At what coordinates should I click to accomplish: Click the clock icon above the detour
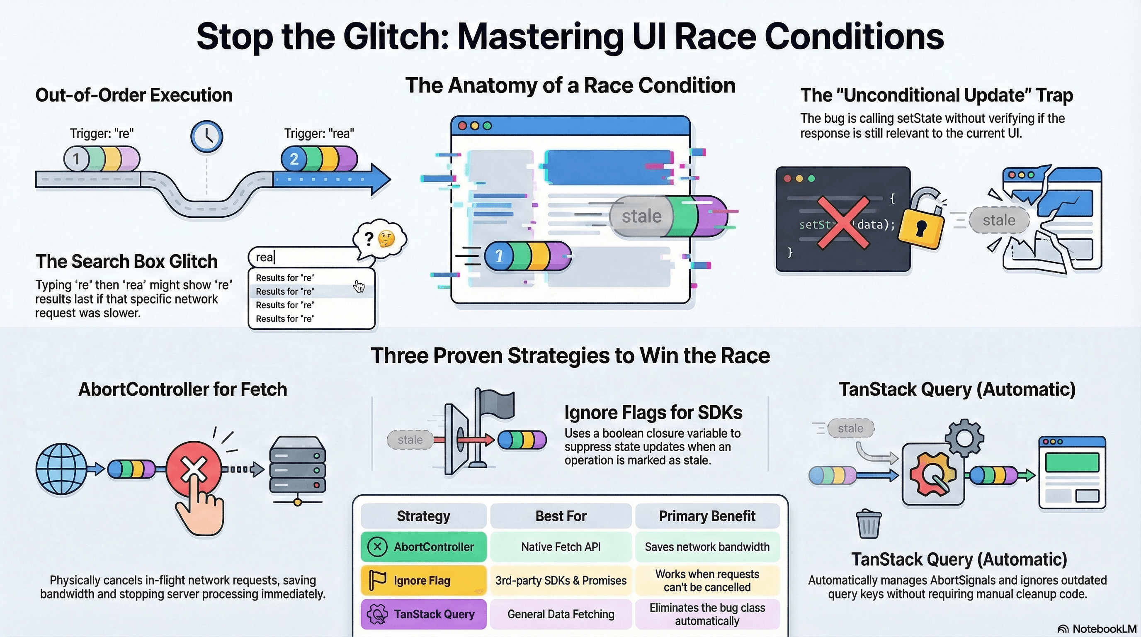point(206,136)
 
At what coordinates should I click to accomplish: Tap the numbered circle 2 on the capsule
point(294,159)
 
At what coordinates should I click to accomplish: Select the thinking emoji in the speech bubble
point(386,239)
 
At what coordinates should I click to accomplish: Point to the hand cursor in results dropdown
point(359,287)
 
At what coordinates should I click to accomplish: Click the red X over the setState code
point(842,223)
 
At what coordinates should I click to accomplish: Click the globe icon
point(61,469)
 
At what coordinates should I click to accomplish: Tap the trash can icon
point(868,524)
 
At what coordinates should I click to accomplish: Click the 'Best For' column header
point(561,516)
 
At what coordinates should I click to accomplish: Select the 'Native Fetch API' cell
point(561,547)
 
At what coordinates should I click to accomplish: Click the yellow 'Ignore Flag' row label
point(423,580)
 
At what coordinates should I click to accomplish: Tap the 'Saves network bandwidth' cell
point(707,547)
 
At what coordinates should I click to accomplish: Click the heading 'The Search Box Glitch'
point(127,261)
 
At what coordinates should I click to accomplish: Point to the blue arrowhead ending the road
point(380,180)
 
